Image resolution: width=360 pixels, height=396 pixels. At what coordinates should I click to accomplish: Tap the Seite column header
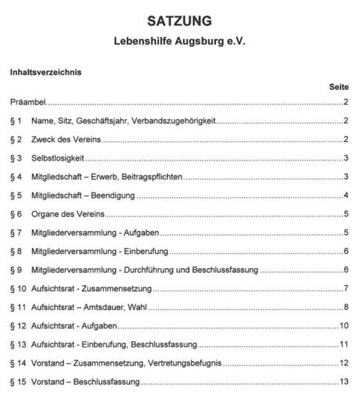tap(338, 87)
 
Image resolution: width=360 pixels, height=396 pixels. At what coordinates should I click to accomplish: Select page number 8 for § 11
tap(346, 307)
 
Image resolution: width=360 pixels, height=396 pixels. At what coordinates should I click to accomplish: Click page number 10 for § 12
tap(344, 325)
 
